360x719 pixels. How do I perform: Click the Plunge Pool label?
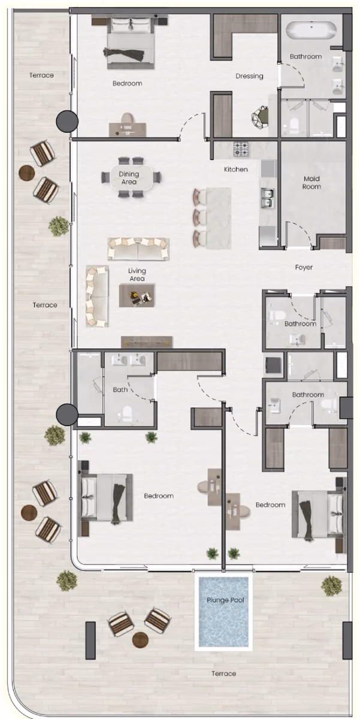click(x=225, y=600)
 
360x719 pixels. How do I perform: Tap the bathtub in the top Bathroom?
click(x=311, y=31)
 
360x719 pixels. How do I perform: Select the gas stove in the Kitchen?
click(x=241, y=149)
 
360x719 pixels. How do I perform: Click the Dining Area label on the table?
click(x=129, y=178)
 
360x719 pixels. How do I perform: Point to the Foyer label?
click(x=304, y=267)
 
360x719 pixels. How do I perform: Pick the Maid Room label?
click(x=311, y=182)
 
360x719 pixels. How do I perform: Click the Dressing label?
click(x=249, y=76)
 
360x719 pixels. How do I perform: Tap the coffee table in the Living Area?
click(x=137, y=295)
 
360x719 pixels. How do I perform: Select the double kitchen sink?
click(x=267, y=198)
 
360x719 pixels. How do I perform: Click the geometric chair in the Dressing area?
click(x=260, y=117)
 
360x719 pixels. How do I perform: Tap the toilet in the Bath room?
click(x=127, y=414)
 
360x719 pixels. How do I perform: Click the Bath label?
click(x=120, y=389)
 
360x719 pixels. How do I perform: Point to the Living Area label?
click(x=137, y=275)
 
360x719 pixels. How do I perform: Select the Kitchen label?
click(x=236, y=169)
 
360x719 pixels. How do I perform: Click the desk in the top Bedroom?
click(x=128, y=129)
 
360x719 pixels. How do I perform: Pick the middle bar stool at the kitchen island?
click(x=199, y=217)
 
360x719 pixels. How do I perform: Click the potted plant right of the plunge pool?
click(x=331, y=586)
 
